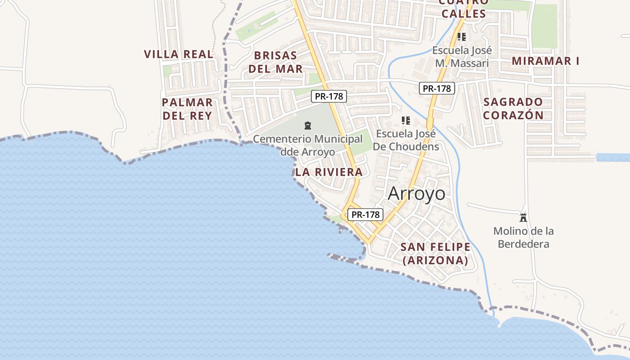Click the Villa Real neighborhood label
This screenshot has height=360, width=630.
(179, 54)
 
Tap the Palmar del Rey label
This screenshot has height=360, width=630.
(187, 109)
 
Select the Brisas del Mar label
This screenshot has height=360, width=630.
(276, 62)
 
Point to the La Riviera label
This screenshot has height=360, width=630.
(329, 172)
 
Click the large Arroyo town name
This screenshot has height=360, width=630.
(416, 193)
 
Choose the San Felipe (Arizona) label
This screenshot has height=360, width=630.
(435, 253)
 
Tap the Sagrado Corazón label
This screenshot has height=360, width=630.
(513, 108)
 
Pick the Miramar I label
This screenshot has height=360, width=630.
(546, 61)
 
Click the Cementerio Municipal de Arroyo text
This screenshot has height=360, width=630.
(308, 145)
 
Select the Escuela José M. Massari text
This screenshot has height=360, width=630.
(462, 57)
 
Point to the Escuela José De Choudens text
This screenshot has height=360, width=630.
(406, 140)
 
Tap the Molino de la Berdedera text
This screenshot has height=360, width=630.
(523, 238)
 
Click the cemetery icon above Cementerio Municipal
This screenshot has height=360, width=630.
(308, 125)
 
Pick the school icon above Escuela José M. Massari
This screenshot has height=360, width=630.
(461, 37)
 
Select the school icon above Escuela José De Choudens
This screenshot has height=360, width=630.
(406, 121)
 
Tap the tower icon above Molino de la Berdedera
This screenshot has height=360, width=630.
(523, 218)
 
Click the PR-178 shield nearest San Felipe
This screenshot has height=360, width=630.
(365, 215)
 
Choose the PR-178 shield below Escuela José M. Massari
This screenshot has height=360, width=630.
(436, 88)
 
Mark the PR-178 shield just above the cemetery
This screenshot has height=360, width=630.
(329, 96)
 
